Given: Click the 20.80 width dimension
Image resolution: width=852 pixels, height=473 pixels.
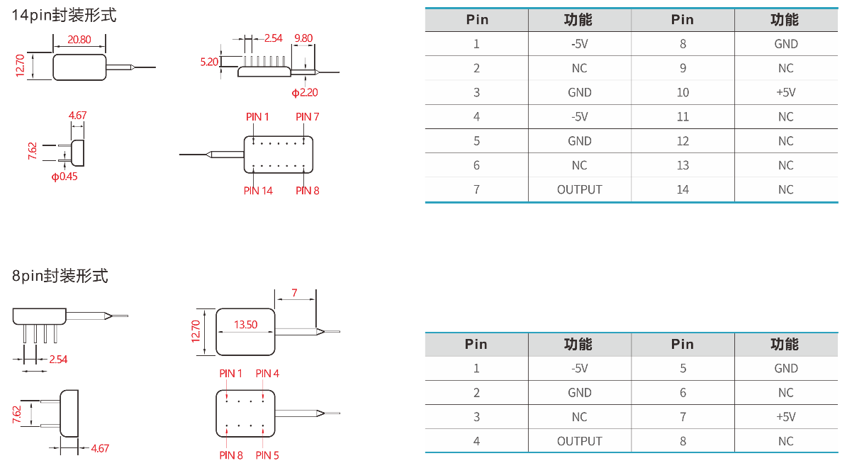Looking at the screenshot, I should (79, 40).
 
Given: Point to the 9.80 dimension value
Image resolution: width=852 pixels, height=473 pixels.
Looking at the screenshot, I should (303, 38).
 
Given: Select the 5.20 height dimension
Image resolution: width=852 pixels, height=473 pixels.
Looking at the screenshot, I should (209, 62).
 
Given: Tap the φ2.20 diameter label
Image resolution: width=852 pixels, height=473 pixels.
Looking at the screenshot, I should (305, 92).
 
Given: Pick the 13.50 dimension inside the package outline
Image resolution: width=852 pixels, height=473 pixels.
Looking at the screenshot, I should (245, 324).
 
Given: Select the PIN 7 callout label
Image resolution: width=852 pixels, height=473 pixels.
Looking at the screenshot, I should (308, 116).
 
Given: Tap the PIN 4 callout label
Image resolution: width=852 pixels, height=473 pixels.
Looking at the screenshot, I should (267, 373).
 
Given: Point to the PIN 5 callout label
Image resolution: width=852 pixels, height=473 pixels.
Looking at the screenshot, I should (267, 455).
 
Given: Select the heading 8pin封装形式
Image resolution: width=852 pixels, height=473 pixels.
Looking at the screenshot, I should (60, 276).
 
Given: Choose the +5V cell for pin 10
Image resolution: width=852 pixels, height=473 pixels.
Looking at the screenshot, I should (785, 92).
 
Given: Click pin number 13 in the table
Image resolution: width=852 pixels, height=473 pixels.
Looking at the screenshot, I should (683, 165).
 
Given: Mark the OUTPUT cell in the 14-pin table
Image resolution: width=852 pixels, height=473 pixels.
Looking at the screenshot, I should (579, 189).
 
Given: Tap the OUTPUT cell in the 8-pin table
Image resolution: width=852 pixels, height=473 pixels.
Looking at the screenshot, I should (579, 441).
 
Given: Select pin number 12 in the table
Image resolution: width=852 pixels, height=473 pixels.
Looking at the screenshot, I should (683, 141).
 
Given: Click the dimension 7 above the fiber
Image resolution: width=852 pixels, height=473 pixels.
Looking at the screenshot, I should (294, 292).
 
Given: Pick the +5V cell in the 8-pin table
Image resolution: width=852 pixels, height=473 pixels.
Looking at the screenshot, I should (785, 417).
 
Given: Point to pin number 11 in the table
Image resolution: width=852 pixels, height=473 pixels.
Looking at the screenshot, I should (683, 116).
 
